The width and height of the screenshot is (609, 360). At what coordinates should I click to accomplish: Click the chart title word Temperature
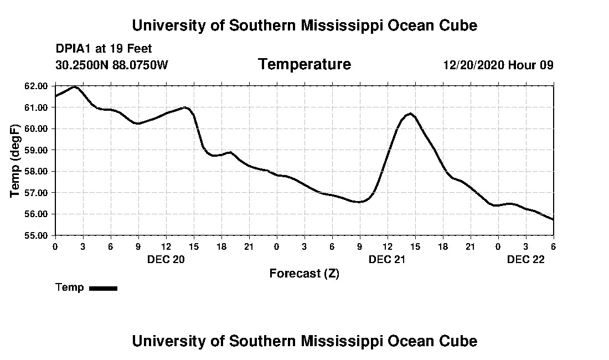click(x=304, y=65)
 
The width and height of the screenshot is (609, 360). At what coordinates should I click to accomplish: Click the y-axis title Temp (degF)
click(x=16, y=161)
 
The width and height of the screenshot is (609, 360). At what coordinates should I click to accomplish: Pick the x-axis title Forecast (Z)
click(x=304, y=274)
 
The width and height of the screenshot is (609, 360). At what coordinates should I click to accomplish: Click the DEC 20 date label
click(x=166, y=259)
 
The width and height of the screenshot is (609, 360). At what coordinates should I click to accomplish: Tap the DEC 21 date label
click(x=388, y=259)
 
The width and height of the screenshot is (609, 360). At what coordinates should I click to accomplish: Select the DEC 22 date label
click(x=526, y=259)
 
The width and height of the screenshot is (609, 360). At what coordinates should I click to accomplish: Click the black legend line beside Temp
click(x=104, y=288)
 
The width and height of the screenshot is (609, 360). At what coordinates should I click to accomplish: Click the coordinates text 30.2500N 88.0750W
click(x=111, y=65)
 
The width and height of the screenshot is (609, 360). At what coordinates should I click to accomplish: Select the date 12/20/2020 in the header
click(x=473, y=65)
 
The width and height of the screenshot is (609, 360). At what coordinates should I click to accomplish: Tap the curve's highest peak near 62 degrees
click(x=75, y=87)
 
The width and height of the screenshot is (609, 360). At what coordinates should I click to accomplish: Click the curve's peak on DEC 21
click(x=410, y=114)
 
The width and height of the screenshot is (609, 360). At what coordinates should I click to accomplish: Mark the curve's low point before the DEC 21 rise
click(x=359, y=202)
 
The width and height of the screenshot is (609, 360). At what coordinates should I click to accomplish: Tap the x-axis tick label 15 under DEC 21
click(x=415, y=246)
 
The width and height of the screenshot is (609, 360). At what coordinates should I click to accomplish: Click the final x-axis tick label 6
click(x=553, y=246)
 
